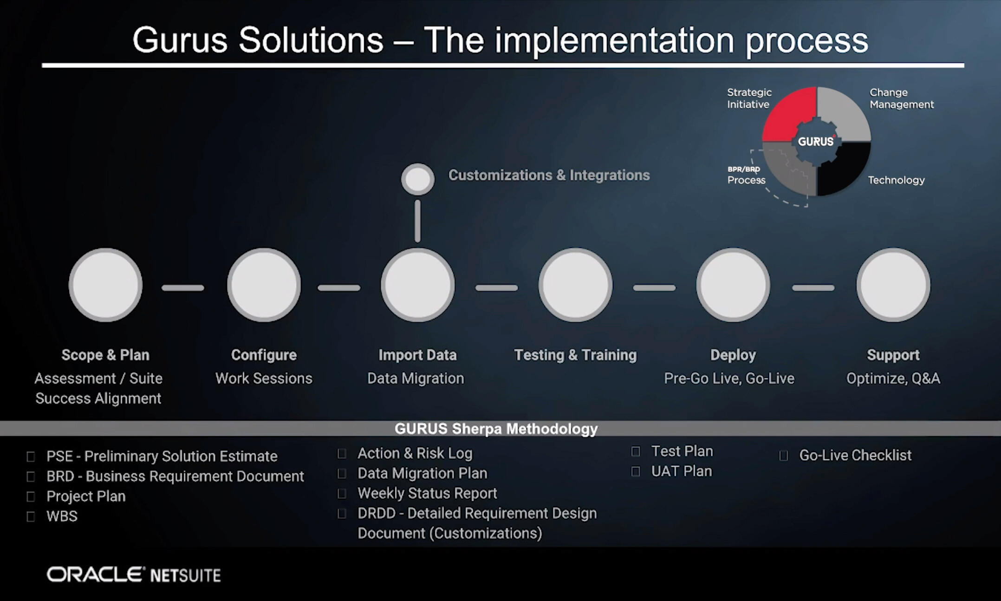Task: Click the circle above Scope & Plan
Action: [106, 285]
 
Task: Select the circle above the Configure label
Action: [264, 285]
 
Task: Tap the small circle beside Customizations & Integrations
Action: [418, 179]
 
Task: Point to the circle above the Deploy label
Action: [733, 285]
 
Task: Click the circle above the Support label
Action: [893, 285]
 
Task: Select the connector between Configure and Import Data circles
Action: [339, 288]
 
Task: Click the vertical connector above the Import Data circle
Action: [417, 221]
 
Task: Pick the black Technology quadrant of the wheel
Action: [843, 170]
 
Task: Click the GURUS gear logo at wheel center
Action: [816, 141]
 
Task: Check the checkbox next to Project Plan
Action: [31, 496]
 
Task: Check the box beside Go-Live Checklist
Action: [784, 456]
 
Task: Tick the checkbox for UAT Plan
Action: [636, 471]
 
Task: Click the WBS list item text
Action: [62, 516]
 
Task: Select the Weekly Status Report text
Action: [427, 493]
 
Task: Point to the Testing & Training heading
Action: [575, 355]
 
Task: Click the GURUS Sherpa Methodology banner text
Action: [496, 428]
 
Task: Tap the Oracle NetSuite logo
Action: [134, 575]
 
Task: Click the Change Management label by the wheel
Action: [901, 98]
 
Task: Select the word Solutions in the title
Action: [311, 40]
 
